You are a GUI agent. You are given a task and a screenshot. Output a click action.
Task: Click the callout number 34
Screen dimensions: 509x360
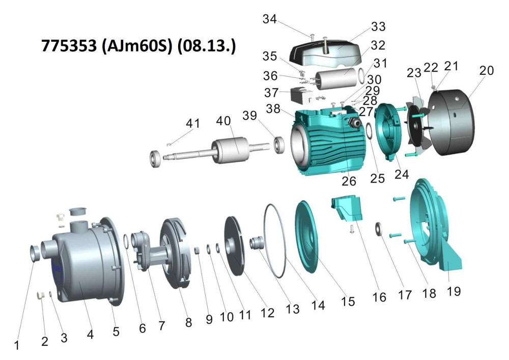tap(269, 19)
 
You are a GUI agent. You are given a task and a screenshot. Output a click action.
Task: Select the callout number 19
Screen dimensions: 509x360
tap(454, 291)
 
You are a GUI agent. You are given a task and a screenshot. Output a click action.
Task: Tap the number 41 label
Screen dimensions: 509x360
tap(193, 123)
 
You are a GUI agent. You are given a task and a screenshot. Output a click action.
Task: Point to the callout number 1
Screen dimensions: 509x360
tap(16, 345)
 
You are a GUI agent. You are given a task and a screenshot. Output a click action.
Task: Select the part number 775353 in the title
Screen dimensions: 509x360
tap(69, 46)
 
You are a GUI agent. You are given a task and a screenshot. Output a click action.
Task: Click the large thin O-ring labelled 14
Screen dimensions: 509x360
tap(275, 240)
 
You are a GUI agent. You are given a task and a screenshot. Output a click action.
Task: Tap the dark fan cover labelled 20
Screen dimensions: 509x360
tap(451, 122)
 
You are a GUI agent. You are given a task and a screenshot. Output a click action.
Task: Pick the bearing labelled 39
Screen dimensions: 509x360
tap(279, 145)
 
